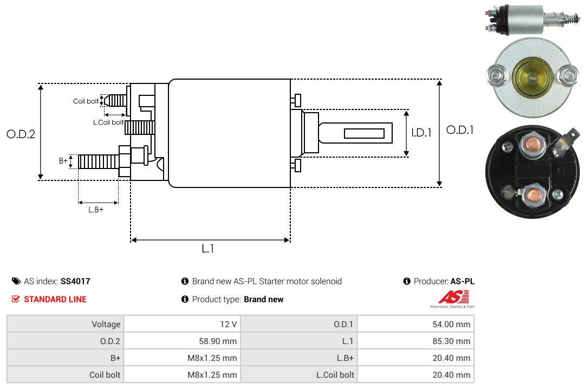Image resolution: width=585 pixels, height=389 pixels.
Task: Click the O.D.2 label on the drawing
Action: tap(21, 134)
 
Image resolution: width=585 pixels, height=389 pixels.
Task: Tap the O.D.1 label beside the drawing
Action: tap(460, 130)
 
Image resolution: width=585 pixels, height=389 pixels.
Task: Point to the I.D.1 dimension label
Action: tap(421, 132)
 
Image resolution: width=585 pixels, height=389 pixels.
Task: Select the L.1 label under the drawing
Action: tap(208, 249)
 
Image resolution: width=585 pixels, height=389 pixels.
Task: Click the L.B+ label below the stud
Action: tap(96, 209)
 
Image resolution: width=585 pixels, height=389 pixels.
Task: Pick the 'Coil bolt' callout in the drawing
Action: tap(86, 101)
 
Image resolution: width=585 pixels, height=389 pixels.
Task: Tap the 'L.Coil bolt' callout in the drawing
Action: tap(108, 122)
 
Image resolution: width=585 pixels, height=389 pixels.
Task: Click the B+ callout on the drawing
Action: tap(63, 161)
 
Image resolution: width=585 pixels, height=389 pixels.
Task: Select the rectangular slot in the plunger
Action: tap(364, 133)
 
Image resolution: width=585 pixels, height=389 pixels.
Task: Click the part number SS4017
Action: tap(75, 281)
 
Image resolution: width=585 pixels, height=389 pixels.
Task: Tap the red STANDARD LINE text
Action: tap(55, 299)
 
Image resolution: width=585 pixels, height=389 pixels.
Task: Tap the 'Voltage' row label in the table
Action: tap(106, 324)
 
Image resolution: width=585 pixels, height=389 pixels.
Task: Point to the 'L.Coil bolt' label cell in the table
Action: tap(335, 374)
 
